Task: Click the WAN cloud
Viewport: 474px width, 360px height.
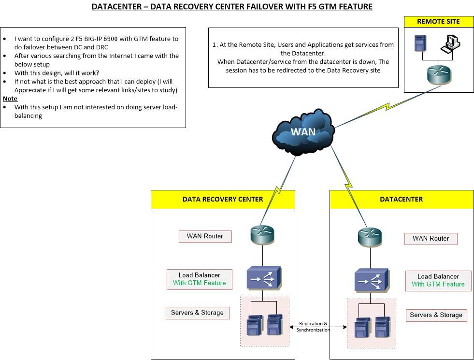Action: coord(303,132)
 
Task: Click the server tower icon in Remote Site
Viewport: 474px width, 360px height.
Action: coord(419,43)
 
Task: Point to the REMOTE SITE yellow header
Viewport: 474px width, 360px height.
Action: coord(439,22)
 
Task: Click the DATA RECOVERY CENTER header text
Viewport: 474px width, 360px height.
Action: coord(223,199)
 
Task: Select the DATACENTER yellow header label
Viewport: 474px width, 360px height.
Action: coord(402,199)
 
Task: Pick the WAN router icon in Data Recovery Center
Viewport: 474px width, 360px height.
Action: coord(262,235)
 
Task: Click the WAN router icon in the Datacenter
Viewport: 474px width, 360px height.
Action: coord(370,237)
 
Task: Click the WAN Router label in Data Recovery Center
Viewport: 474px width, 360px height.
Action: coord(205,236)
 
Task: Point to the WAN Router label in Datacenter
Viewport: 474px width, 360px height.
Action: coord(431,238)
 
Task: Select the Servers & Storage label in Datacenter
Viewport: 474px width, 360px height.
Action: coord(436,315)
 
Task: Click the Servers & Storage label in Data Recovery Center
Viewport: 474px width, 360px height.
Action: coord(197,313)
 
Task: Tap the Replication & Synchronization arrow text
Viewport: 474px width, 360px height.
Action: coord(313,327)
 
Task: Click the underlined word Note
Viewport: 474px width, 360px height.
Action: coord(10,99)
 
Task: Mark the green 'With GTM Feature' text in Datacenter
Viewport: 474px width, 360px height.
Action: coord(438,284)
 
